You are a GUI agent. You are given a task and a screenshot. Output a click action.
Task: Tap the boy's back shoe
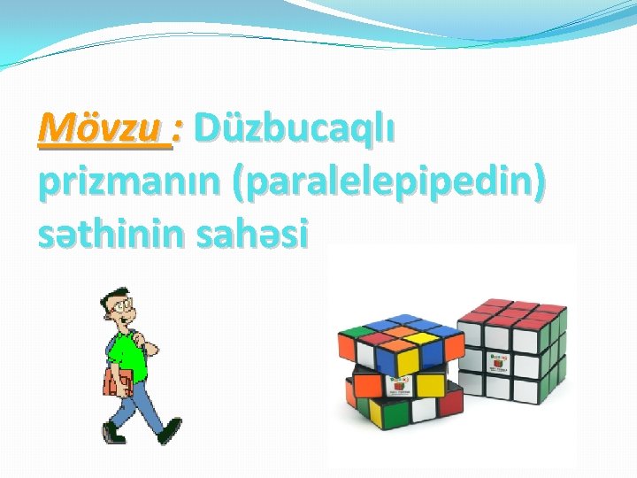[112, 435]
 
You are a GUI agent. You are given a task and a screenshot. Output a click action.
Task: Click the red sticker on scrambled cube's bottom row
[365, 387]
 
